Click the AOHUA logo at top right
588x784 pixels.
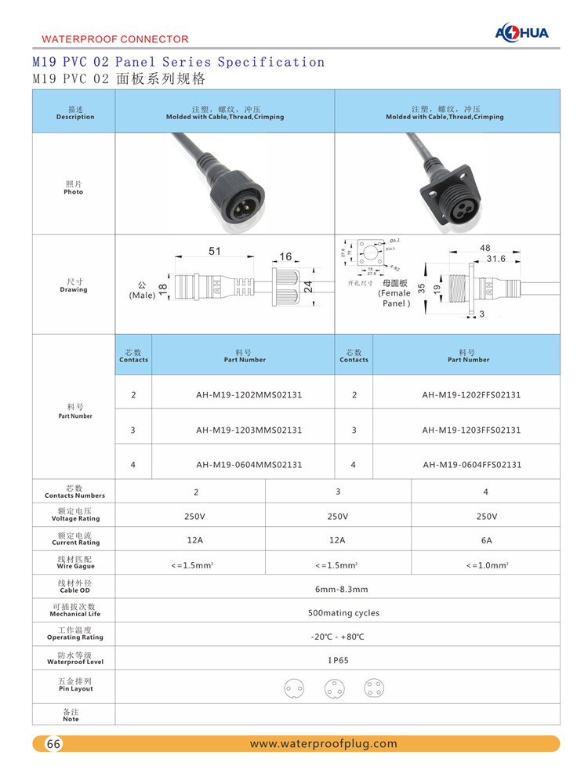pos(522,32)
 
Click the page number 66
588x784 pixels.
pos(54,744)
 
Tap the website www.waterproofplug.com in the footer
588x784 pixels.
pos(323,743)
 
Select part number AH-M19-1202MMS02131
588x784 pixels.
pos(249,395)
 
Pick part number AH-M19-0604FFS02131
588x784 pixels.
pos(471,464)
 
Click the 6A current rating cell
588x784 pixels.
pos(485,541)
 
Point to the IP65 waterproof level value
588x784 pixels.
pos(338,660)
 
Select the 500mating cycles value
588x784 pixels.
pos(343,612)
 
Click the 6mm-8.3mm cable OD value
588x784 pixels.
pos(341,589)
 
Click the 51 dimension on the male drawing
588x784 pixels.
pos(214,252)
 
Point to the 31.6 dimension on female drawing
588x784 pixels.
pos(496,258)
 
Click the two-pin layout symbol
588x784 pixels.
pos(294,690)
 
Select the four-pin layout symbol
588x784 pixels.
pos(374,689)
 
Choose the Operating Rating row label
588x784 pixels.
pos(74,633)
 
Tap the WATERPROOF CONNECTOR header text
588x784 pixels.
pos(114,38)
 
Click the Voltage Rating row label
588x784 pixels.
pos(74,514)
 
